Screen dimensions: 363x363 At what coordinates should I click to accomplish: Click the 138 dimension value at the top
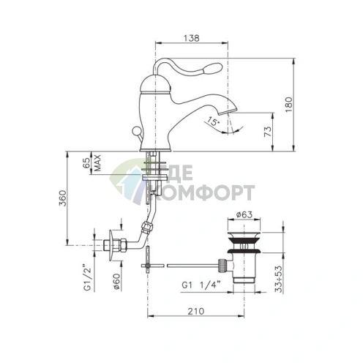191,38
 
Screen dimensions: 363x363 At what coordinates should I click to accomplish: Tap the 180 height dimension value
288,105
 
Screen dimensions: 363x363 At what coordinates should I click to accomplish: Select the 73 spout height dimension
268,132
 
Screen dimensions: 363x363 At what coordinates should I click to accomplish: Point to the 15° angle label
213,121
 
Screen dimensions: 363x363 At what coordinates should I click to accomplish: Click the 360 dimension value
63,198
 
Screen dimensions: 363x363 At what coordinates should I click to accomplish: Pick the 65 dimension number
86,162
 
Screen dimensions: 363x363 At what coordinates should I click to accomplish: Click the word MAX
97,162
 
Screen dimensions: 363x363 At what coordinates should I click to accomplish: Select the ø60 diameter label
116,282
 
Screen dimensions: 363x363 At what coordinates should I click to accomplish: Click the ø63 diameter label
244,214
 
